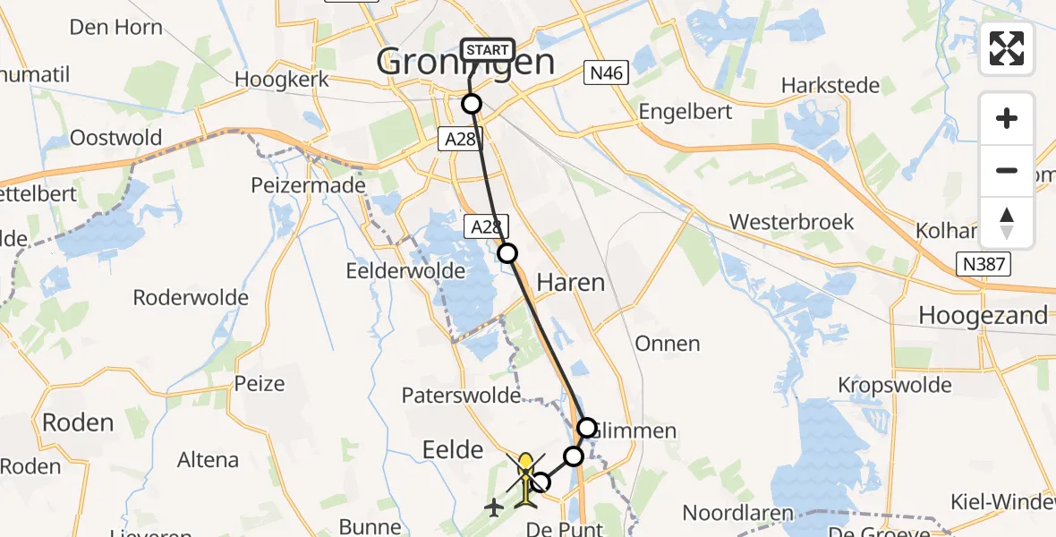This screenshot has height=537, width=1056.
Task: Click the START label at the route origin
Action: (487, 50)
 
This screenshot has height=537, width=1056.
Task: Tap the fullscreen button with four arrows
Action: (1007, 48)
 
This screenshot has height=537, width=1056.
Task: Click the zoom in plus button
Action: (1007, 118)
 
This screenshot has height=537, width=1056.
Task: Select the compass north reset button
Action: (1007, 223)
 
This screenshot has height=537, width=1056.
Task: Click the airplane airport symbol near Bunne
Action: (493, 507)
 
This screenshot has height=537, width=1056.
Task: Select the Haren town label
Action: (570, 283)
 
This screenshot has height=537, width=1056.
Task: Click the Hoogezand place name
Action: (983, 315)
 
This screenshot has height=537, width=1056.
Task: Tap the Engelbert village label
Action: (686, 112)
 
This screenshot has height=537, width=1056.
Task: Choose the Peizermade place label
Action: (321, 185)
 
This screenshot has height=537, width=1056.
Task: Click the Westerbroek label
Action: (792, 222)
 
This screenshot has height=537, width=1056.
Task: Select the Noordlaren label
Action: (738, 513)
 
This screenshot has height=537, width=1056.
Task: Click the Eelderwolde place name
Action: (406, 270)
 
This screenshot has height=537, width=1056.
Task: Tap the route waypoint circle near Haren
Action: (507, 253)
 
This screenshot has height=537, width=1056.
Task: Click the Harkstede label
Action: (830, 86)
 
